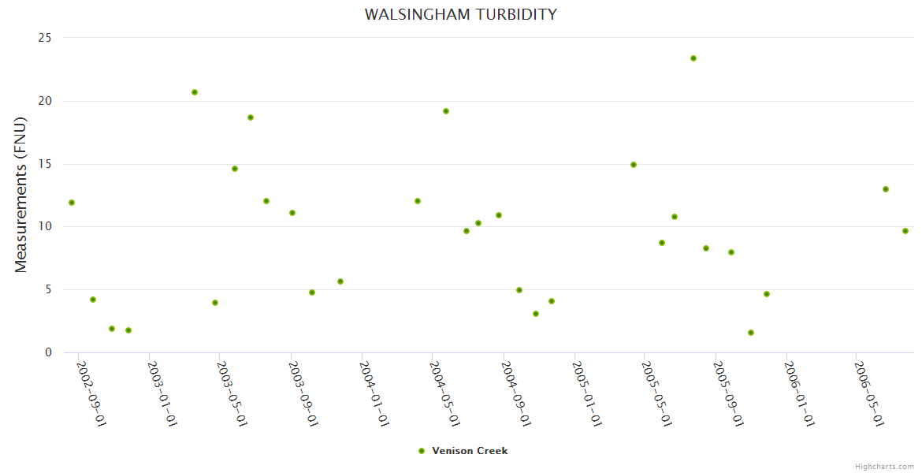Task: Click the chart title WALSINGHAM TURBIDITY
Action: [x=460, y=14]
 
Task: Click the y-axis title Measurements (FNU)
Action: [x=21, y=195]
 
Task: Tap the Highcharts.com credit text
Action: [x=884, y=466]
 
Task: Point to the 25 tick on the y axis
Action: [x=45, y=38]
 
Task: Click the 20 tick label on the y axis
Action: [x=45, y=101]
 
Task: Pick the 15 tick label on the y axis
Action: [x=45, y=164]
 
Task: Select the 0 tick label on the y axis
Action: [x=48, y=352]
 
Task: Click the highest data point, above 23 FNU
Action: [x=693, y=58]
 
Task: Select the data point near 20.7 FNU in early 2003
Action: [x=195, y=92]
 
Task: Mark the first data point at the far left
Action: [x=72, y=203]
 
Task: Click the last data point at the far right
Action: [x=905, y=231]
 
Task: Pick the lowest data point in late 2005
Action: [x=751, y=333]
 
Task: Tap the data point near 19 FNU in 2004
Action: [x=446, y=111]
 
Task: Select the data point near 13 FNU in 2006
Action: [x=886, y=189]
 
